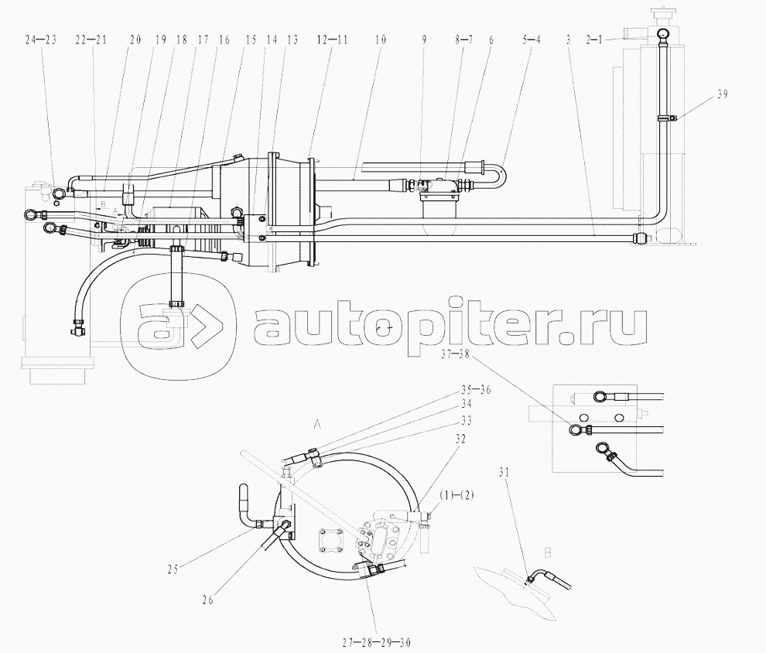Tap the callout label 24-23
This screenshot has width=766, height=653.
(41, 37)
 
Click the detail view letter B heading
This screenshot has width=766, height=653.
(548, 553)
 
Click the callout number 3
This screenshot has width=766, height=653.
(568, 37)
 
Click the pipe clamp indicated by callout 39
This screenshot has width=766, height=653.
(668, 118)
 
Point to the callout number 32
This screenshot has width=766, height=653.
(460, 439)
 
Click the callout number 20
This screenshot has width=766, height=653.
(136, 37)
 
